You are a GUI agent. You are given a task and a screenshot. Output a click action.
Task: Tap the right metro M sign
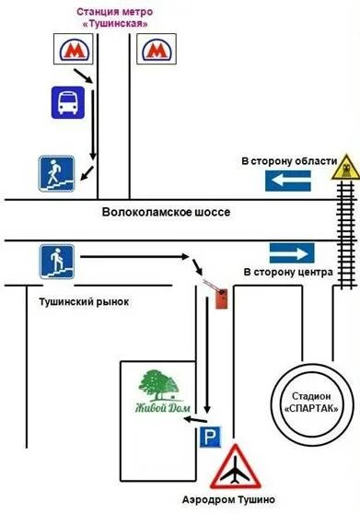tap(156, 52)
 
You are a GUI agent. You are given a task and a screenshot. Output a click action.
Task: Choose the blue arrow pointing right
tap(292, 253)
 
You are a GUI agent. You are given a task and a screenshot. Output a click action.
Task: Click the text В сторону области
tap(289, 161)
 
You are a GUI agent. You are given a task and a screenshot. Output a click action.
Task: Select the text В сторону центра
tap(287, 274)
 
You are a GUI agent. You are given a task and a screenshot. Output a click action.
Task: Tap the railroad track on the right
tap(345, 239)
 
